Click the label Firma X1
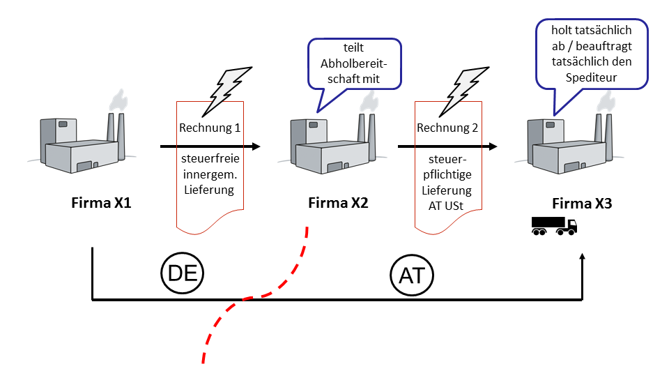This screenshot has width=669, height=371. pos(101,202)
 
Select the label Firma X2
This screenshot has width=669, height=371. pos(338,202)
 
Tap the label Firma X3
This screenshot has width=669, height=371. pos(582,203)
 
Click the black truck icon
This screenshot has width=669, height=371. pos(554,226)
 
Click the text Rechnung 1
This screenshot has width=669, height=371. pos(210,128)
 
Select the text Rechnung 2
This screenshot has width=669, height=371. pos(447,128)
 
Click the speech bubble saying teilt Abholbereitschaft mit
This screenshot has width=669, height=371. pos(354,64)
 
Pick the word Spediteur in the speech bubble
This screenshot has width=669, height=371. pos(592,77)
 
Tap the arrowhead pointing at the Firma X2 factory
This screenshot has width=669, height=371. pos(256,146)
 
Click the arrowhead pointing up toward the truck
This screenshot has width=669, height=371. pos(582,256)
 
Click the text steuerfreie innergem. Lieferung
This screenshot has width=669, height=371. pos(210,174)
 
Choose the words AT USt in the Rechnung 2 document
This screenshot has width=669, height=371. pos(446,206)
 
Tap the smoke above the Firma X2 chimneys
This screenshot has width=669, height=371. pos(369,103)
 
